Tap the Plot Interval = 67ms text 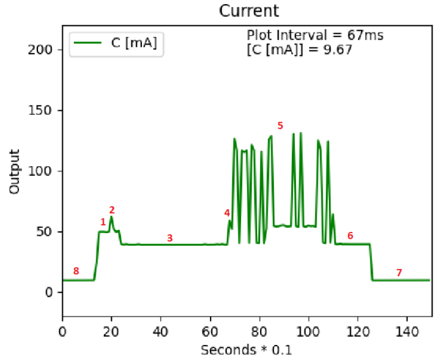(x=315, y=35)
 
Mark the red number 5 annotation (x=280, y=125)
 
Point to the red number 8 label (x=76, y=271)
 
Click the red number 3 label (x=170, y=238)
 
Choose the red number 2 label (x=112, y=210)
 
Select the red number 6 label (x=350, y=236)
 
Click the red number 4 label (x=227, y=213)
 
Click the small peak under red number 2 (x=111, y=218)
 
